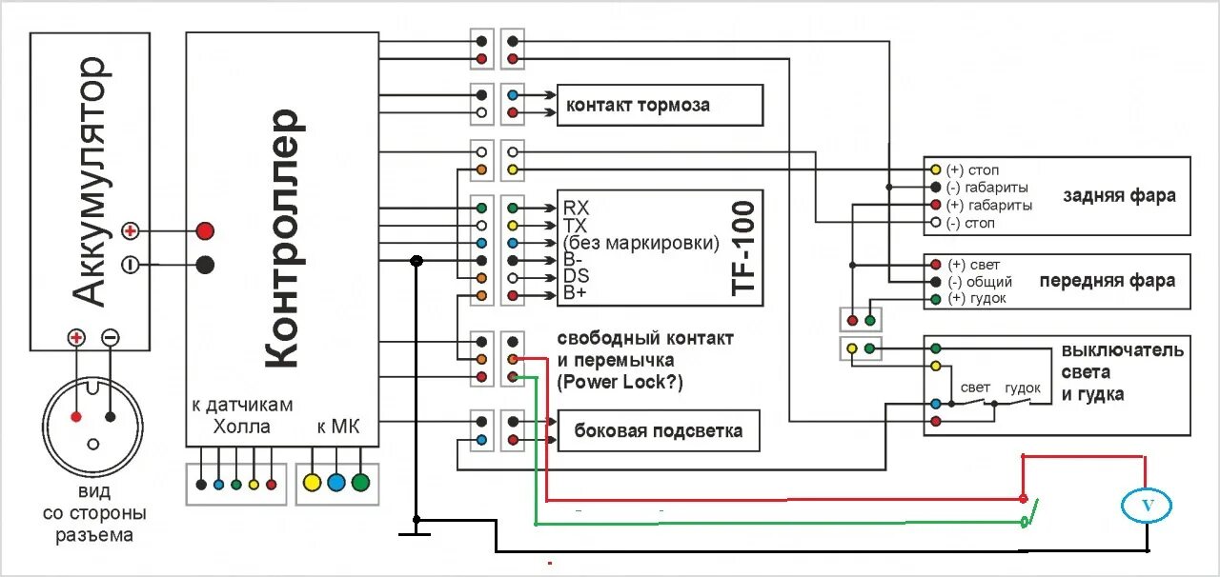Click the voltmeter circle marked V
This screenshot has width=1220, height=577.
[x=1147, y=506]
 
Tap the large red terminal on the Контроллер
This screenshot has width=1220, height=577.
[x=205, y=230]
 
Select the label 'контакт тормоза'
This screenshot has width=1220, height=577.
[x=638, y=105]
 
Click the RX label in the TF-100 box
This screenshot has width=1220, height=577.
[x=576, y=208]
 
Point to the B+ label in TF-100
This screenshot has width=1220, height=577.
[x=575, y=293]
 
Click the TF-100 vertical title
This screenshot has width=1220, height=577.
[x=743, y=249]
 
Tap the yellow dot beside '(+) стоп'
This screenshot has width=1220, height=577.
[x=936, y=169]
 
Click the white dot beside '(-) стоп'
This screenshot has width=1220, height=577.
[x=936, y=222]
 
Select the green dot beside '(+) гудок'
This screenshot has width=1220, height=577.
[x=936, y=299]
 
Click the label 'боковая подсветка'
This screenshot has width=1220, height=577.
[x=658, y=431]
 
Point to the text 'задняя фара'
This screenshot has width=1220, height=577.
[x=1119, y=195]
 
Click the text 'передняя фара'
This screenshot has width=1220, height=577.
[x=1108, y=281]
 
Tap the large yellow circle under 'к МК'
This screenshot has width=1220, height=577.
[x=312, y=483]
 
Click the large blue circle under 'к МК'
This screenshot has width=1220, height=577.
[x=336, y=483]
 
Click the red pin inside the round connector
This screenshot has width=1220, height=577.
[x=76, y=417]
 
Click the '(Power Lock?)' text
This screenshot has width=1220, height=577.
[x=620, y=382]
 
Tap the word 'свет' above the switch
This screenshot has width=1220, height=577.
[x=975, y=388]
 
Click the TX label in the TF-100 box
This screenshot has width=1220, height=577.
[x=575, y=226]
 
